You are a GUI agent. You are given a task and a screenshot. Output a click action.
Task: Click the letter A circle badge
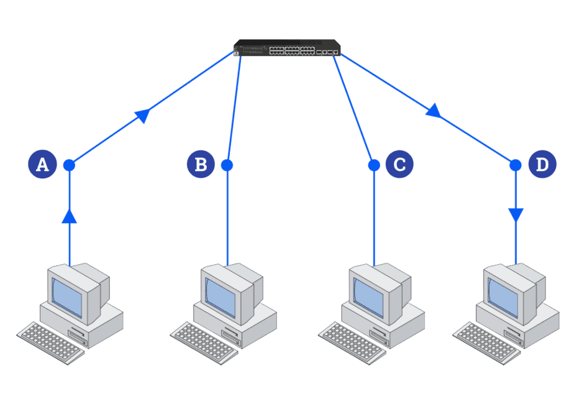point(42,165)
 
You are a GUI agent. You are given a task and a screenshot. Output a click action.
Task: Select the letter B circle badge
point(201,165)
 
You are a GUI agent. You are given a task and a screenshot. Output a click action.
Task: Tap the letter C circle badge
point(399,165)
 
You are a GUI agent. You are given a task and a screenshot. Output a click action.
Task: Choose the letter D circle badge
point(542,165)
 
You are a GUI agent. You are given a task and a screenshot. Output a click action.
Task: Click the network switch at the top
point(287,48)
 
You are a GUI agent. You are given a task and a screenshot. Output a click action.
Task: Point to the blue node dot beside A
point(69,165)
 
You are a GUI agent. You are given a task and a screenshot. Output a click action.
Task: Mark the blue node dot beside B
point(227,165)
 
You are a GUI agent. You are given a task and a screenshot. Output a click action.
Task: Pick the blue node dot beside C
point(374,165)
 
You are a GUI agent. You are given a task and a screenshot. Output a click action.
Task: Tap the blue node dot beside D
point(516,165)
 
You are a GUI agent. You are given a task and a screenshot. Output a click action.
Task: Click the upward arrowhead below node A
point(70,215)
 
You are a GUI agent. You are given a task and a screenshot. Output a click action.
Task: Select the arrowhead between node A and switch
point(143,114)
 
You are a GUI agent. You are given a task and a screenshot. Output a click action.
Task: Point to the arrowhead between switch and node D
point(434,111)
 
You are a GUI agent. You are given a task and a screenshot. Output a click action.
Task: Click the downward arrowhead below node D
point(516,216)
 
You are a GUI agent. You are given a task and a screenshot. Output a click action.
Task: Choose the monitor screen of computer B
point(220,295)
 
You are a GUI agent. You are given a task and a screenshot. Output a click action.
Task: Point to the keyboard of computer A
point(50,342)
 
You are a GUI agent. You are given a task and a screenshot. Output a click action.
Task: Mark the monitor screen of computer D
point(502,294)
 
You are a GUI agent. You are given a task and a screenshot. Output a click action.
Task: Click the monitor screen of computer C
point(367,295)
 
